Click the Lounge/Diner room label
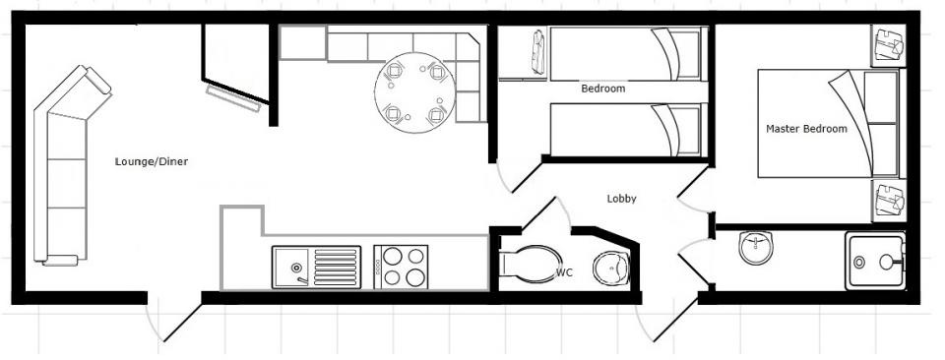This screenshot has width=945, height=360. pos(152,161)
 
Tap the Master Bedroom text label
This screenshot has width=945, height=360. pos(806,129)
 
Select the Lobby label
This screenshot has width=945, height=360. pos(621,199)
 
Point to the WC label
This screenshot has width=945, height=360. pos(564,272)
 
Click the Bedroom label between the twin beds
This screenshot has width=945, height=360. pos(602,89)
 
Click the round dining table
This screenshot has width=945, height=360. pos(414,92)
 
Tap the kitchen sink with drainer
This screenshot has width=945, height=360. pos(316,267)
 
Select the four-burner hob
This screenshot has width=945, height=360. pos(401,267)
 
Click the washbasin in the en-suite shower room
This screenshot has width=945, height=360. pos(756,248)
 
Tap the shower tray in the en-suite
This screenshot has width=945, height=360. pos(874,261)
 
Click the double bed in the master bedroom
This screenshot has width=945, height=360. pos(829,123)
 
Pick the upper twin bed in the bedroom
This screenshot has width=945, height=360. pos(628,53)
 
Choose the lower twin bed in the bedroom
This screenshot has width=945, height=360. pos(628,130)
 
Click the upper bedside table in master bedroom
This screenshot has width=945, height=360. pos(888,45)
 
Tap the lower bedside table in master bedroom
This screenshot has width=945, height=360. pos(888,201)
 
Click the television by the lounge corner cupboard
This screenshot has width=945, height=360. pos(233,98)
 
